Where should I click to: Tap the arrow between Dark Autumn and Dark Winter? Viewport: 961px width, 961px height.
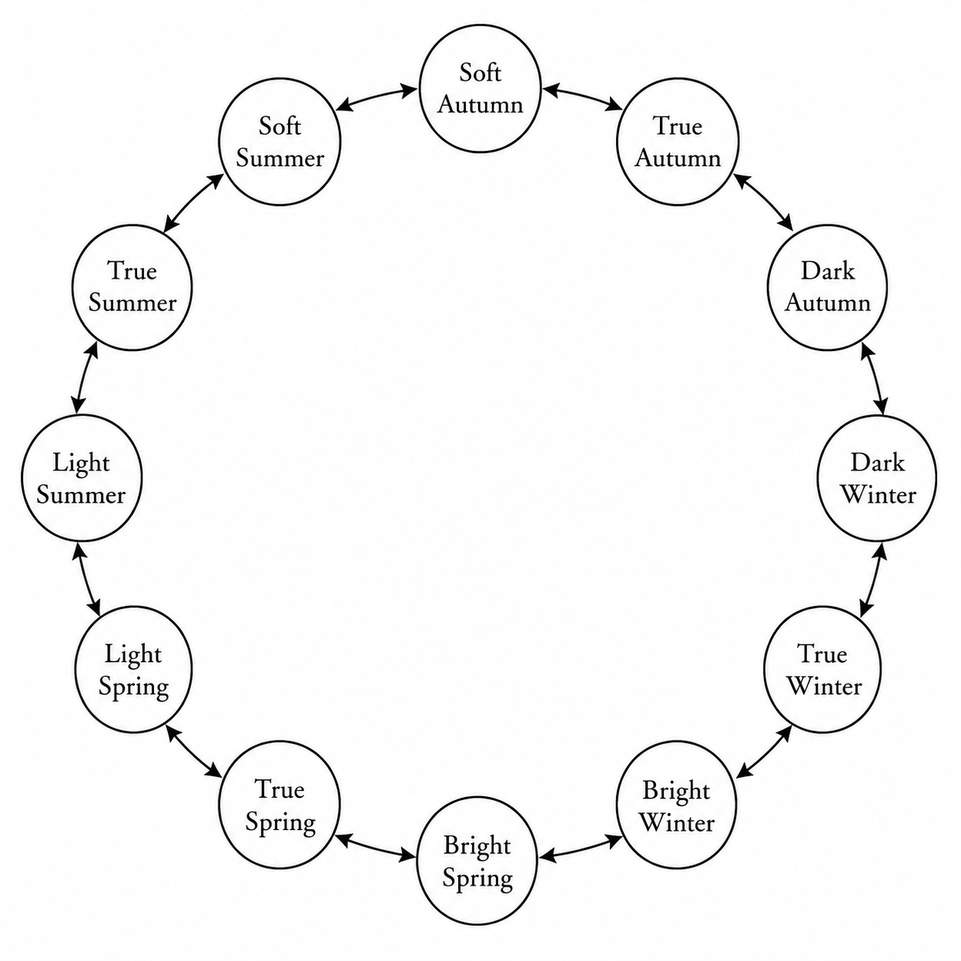[x=874, y=379]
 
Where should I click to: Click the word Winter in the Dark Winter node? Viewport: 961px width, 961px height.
[x=879, y=495]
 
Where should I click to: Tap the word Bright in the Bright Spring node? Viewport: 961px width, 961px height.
[x=477, y=846]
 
